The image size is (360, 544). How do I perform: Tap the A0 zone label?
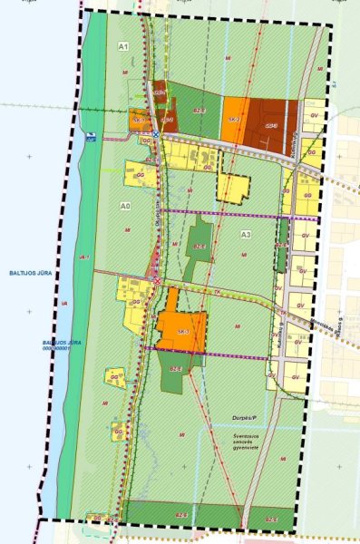(x=126, y=207)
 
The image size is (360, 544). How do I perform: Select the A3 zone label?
(x=245, y=235)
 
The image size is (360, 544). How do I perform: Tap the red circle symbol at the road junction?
(x=155, y=280)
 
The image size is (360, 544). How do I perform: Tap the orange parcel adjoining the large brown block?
(x=235, y=118)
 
